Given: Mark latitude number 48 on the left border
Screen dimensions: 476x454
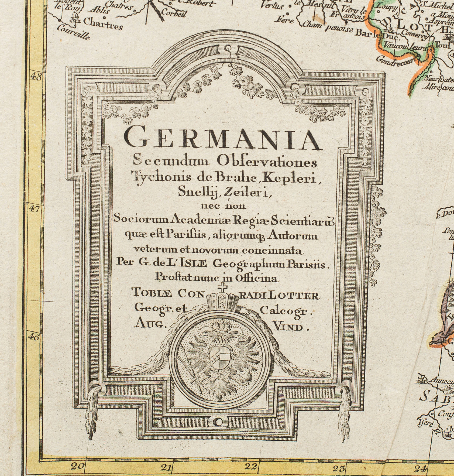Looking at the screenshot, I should pos(36,76).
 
